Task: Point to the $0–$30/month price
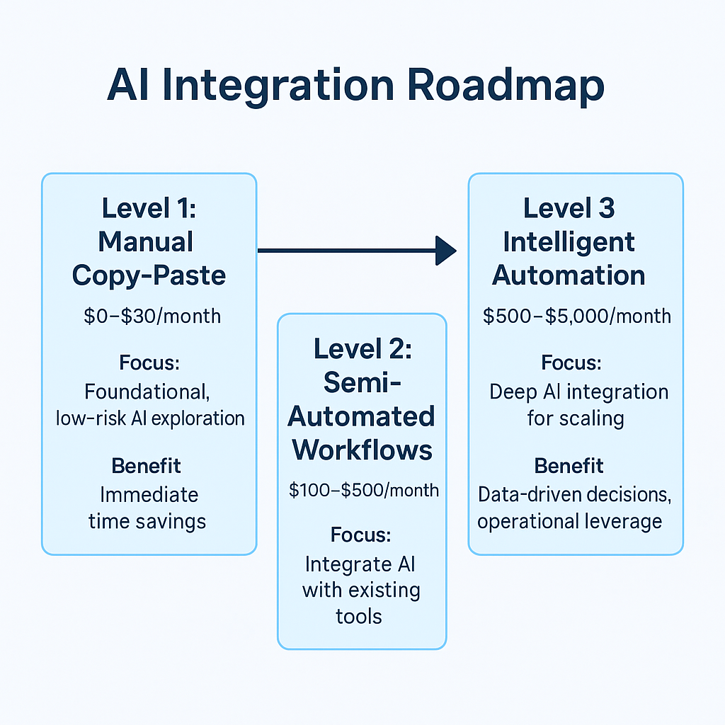(152, 315)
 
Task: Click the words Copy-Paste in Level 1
(149, 275)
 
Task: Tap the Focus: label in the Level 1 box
(149, 363)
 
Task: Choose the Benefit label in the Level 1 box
(146, 466)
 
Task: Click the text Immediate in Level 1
(149, 494)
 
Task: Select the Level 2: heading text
(361, 348)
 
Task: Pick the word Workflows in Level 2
(362, 450)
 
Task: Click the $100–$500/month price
(363, 490)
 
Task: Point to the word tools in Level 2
(359, 616)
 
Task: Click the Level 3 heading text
(569, 208)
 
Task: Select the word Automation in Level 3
(569, 275)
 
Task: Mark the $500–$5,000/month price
(577, 315)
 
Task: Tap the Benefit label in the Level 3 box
(569, 466)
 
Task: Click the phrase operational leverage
(569, 522)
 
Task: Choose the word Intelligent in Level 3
(569, 241)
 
